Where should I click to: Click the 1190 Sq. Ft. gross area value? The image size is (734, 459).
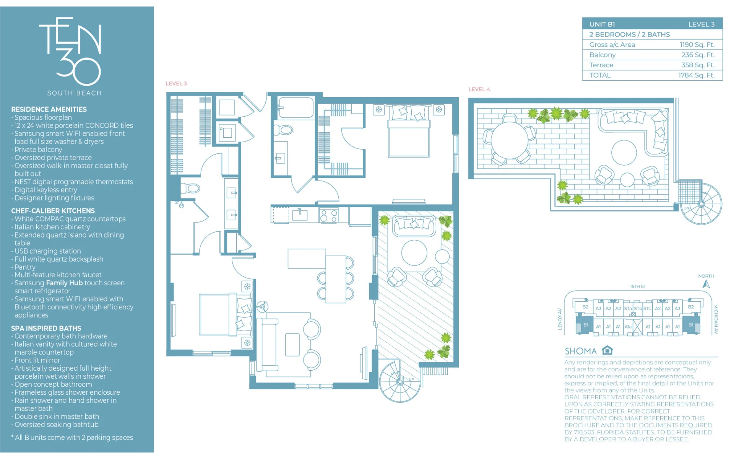point(697,45)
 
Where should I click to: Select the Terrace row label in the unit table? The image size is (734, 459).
point(601,65)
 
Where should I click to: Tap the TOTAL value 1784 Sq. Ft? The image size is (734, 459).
point(696,75)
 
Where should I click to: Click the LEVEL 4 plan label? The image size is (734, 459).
point(479,89)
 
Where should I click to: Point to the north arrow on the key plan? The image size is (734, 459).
point(706,284)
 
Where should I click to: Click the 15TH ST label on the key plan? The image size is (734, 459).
point(638,286)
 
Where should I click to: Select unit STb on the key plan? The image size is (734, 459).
point(638,309)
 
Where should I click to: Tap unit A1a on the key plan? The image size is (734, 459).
point(628,327)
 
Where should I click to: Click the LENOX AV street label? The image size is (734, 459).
point(560,319)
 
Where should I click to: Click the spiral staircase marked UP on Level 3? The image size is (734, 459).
point(400,381)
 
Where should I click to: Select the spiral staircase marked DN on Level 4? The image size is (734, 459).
point(701,204)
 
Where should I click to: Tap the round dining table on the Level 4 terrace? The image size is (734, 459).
point(509,140)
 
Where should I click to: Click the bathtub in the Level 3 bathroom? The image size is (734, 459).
point(296,107)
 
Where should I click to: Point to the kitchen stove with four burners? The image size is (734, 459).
point(329,215)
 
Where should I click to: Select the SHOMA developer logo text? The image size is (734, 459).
point(581,351)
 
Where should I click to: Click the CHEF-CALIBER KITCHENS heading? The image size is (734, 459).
point(53,211)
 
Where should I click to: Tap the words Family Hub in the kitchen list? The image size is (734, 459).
point(64,283)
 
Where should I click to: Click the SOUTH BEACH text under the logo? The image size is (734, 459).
point(75,93)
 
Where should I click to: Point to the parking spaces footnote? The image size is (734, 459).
point(72,438)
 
